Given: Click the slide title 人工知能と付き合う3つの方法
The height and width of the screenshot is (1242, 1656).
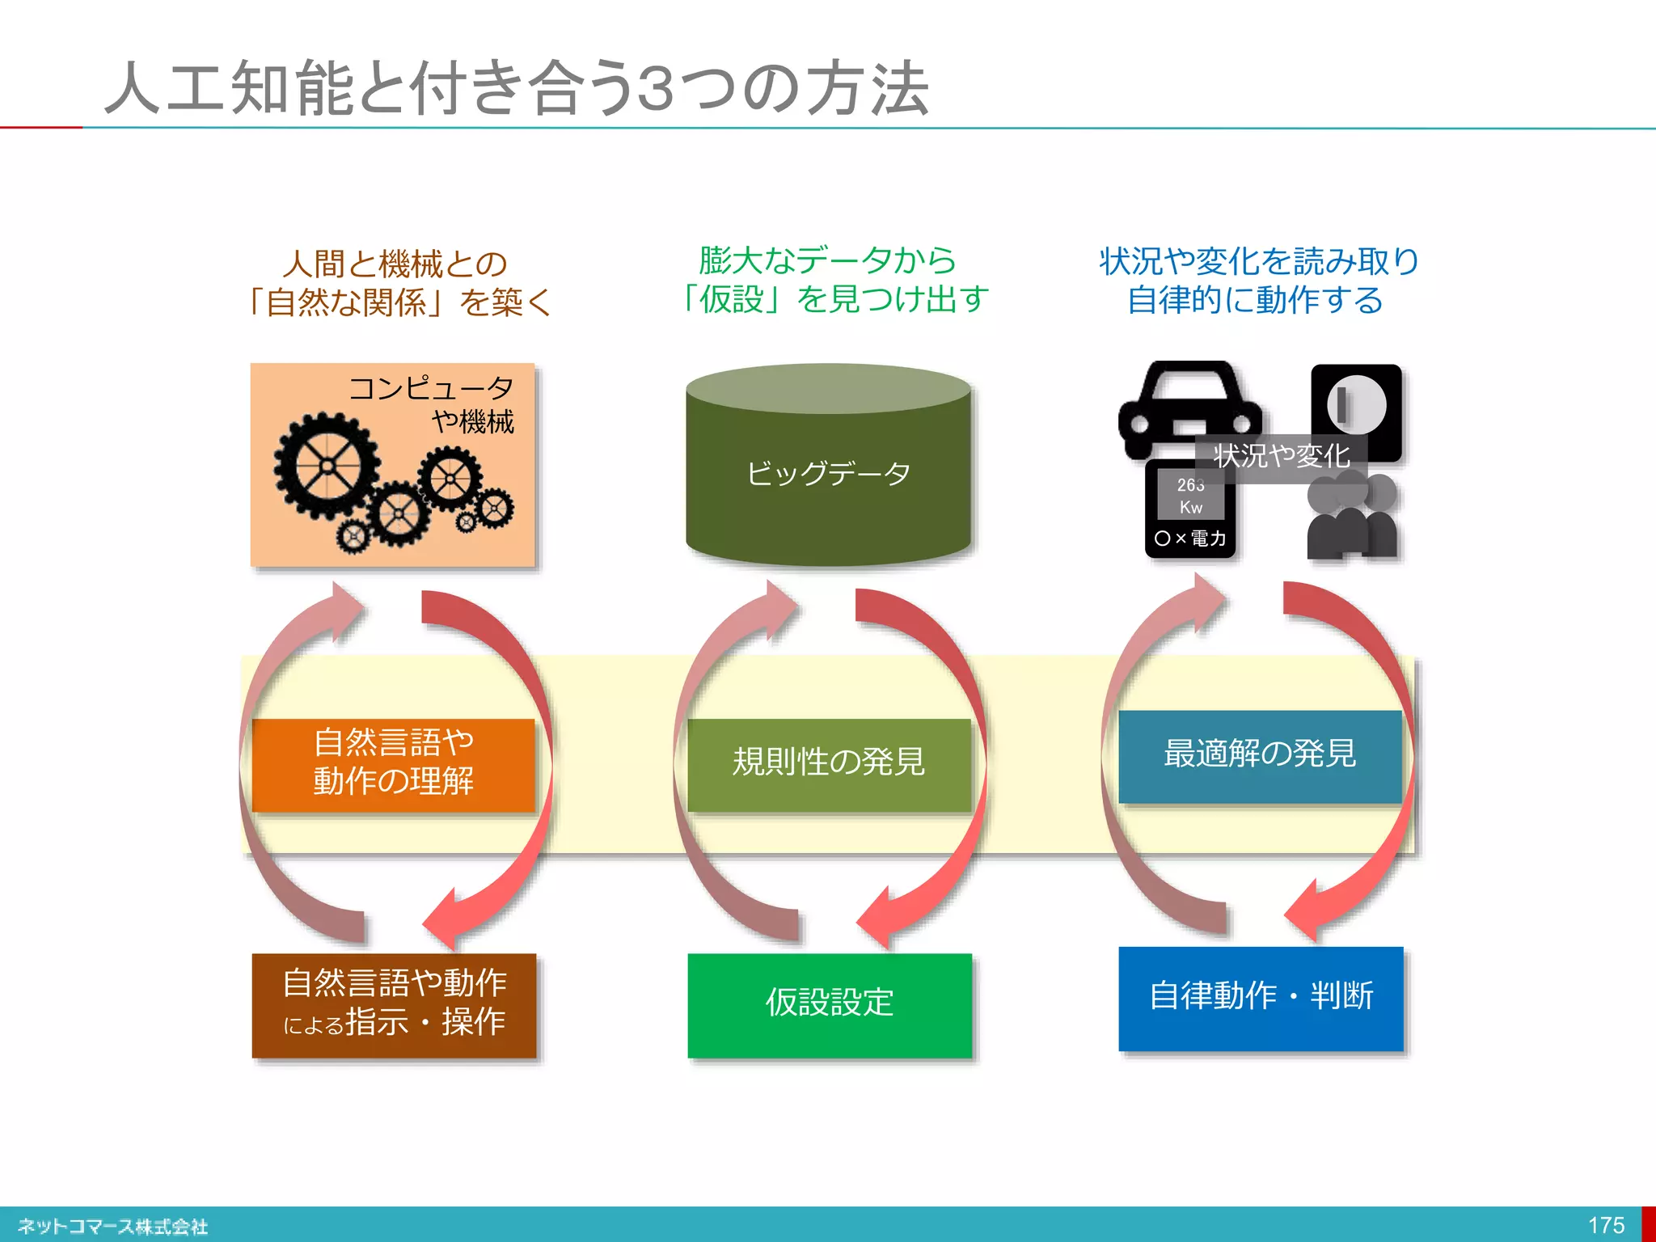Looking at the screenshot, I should coord(517,87).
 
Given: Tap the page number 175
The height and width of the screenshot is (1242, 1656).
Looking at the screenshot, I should coord(1606,1225).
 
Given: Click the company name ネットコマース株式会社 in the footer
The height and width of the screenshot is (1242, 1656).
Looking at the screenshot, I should coord(113,1227).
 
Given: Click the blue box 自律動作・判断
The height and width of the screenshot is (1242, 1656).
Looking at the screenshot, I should coord(1260,998).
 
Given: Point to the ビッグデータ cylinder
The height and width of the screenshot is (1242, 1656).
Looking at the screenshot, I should coord(828,473).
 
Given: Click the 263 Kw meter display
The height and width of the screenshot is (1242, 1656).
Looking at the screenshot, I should coord(1190,496).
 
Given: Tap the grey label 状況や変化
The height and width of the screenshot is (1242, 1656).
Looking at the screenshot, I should coord(1282,457).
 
